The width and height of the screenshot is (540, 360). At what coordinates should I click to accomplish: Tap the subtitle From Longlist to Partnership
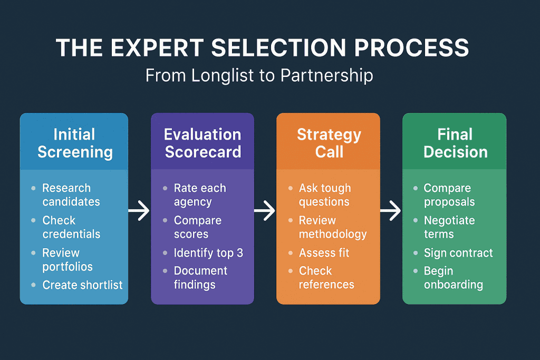[259, 75]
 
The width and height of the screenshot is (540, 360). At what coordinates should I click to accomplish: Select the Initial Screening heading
[74, 143]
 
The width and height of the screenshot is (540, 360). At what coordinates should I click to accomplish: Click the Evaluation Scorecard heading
[202, 143]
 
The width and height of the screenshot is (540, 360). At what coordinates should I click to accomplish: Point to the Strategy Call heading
[329, 143]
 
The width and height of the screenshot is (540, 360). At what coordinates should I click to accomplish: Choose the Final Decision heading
[455, 143]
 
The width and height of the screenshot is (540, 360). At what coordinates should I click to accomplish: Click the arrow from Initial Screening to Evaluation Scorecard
[139, 211]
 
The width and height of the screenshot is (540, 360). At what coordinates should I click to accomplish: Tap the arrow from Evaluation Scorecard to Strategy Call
[265, 211]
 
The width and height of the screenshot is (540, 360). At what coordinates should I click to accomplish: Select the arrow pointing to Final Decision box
[391, 211]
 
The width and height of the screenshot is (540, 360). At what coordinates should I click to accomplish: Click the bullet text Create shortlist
[82, 285]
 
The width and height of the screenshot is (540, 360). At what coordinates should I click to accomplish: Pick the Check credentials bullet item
[71, 227]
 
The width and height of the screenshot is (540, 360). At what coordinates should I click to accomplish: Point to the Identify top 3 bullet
[208, 253]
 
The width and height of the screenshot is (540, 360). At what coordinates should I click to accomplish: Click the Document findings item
[200, 278]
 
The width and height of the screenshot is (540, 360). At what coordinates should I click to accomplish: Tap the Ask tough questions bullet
[325, 195]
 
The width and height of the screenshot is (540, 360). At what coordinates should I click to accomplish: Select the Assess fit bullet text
[324, 253]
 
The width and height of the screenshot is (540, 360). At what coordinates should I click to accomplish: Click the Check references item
[326, 278]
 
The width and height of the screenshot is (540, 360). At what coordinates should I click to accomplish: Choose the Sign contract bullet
[458, 253]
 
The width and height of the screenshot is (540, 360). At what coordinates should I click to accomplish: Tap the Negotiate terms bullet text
[449, 227]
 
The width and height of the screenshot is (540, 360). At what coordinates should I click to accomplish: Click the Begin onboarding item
[453, 278]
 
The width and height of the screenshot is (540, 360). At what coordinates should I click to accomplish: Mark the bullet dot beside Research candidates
[34, 189]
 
